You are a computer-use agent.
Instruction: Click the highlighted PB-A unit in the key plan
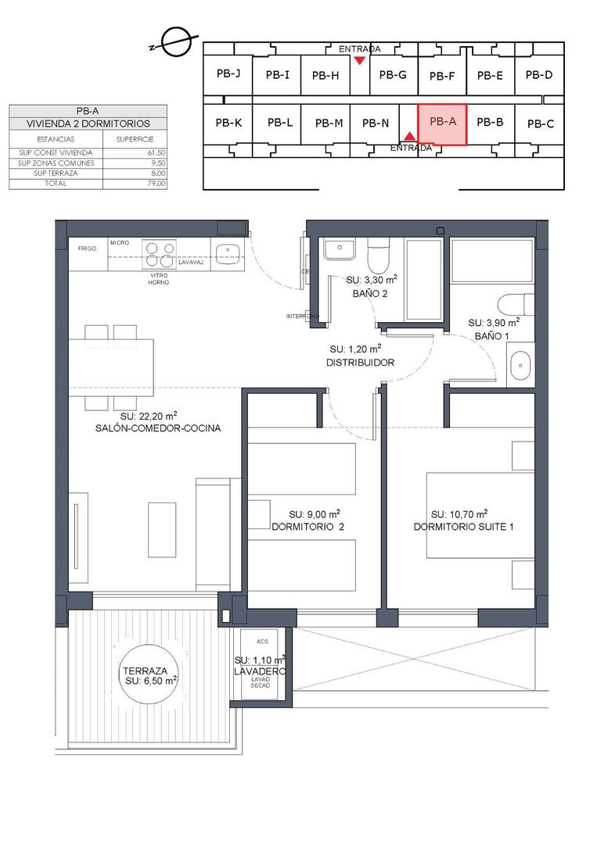pyautogui.click(x=442, y=123)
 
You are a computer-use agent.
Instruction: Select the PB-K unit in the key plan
pyautogui.click(x=228, y=123)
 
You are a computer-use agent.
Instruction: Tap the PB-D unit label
pyautogui.click(x=539, y=75)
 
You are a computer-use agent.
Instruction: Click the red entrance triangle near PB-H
pyautogui.click(x=359, y=61)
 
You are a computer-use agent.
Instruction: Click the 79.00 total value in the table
pyautogui.click(x=156, y=183)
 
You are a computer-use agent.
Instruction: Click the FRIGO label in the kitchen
pyautogui.click(x=87, y=249)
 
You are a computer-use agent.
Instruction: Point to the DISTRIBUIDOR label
pyautogui.click(x=360, y=363)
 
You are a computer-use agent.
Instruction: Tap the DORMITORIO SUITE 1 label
pyautogui.click(x=464, y=527)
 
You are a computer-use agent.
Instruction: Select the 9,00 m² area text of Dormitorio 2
pyautogui.click(x=314, y=514)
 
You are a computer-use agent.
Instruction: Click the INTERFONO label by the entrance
pyautogui.click(x=303, y=316)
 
